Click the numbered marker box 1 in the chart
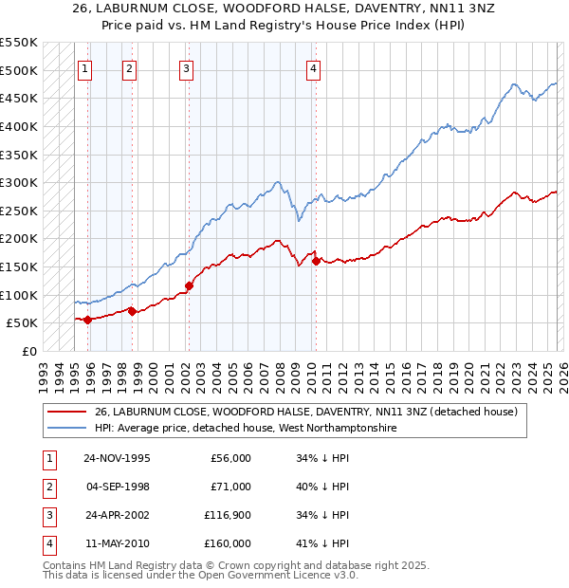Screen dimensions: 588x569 (85, 68)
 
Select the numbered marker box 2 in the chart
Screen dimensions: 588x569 (129, 68)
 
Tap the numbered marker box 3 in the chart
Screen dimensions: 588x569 (186, 68)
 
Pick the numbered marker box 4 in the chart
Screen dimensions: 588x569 (313, 68)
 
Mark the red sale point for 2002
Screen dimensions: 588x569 (189, 285)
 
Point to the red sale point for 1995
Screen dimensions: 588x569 (88, 320)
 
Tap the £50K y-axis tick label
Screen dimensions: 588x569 (22, 322)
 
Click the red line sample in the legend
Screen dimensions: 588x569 (66, 412)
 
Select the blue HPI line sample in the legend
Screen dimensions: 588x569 (66, 429)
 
